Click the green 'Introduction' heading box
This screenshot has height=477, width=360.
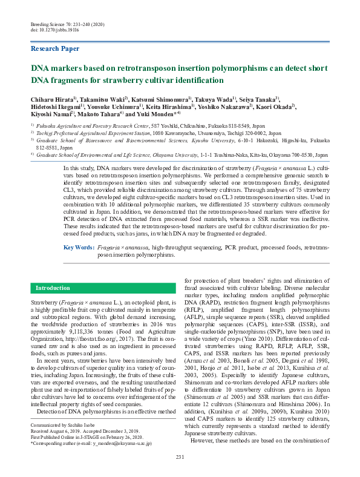coord(54,288)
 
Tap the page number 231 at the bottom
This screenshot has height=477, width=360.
coord(180,456)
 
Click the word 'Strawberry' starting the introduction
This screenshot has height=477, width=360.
coord(45,301)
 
